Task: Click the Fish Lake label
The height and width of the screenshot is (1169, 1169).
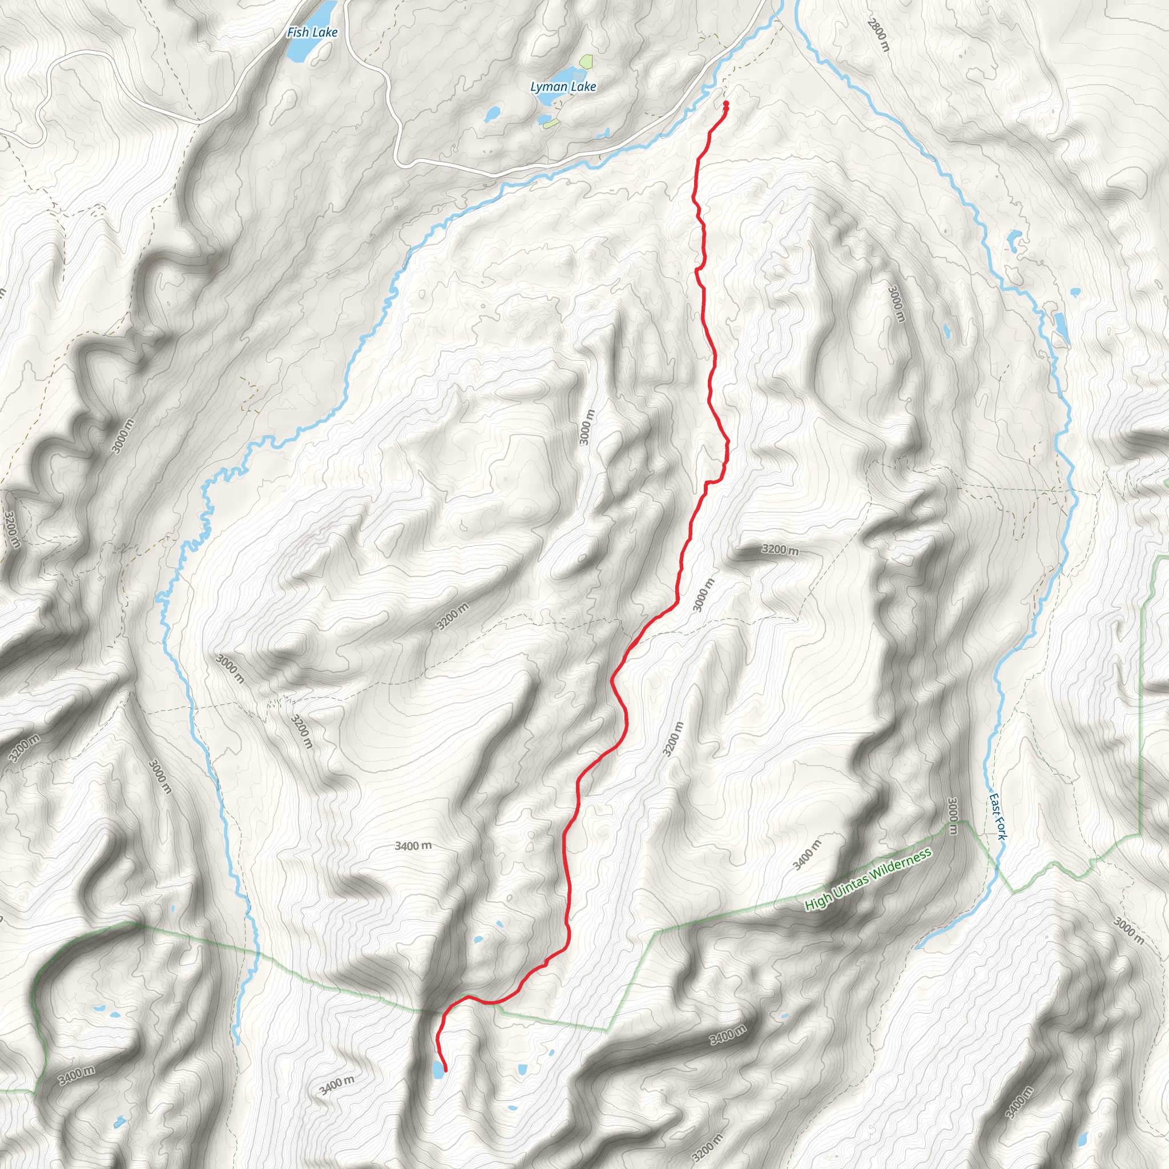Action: click(312, 32)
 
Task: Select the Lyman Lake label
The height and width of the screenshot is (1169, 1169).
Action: click(563, 87)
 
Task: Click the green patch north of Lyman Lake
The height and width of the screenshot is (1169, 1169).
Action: click(585, 61)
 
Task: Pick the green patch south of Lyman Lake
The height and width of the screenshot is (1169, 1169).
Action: click(551, 123)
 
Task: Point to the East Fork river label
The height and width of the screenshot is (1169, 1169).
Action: click(998, 816)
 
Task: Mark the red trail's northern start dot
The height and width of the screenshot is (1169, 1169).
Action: click(725, 104)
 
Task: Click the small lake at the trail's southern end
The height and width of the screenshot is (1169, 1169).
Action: click(437, 1070)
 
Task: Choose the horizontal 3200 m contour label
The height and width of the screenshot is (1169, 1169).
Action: click(780, 550)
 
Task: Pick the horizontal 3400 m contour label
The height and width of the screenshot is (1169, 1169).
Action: click(413, 845)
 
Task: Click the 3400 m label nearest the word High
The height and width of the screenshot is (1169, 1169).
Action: click(807, 855)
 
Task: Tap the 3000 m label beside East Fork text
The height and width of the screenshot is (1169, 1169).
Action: click(953, 816)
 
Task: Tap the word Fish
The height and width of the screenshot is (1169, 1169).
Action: click(299, 32)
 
